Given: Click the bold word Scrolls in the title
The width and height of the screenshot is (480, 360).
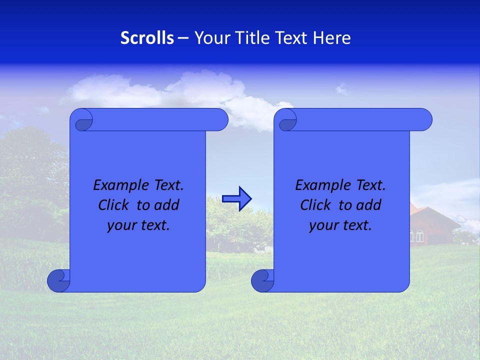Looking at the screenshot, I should pos(147,38).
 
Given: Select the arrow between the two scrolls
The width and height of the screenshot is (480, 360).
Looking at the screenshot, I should pos(236,199).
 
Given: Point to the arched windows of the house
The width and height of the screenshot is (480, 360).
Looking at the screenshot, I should pos(419,235).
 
